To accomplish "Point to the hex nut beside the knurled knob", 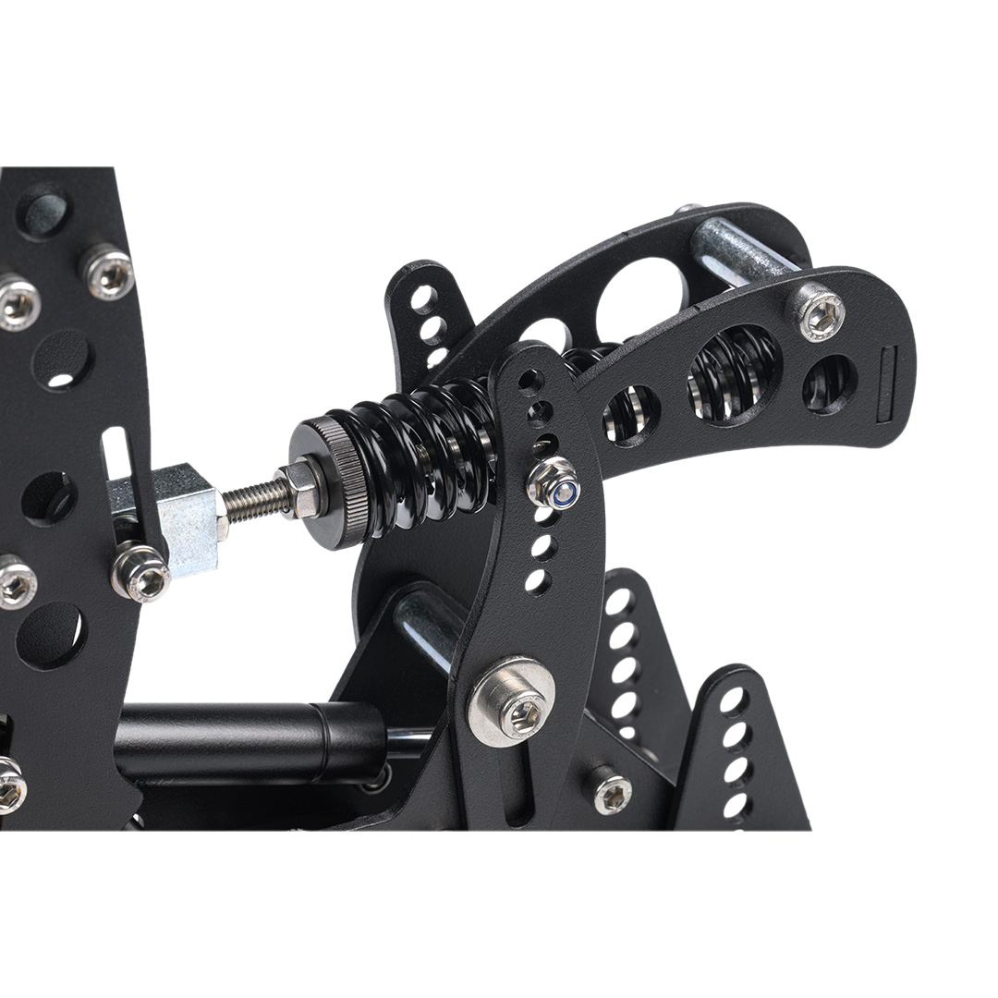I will [302, 489].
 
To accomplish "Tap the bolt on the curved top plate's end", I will [820, 311].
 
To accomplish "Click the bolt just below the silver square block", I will [140, 572].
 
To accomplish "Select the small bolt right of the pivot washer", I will [611, 791].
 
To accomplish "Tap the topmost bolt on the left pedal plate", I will [109, 271].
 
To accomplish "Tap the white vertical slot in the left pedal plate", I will [116, 454].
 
